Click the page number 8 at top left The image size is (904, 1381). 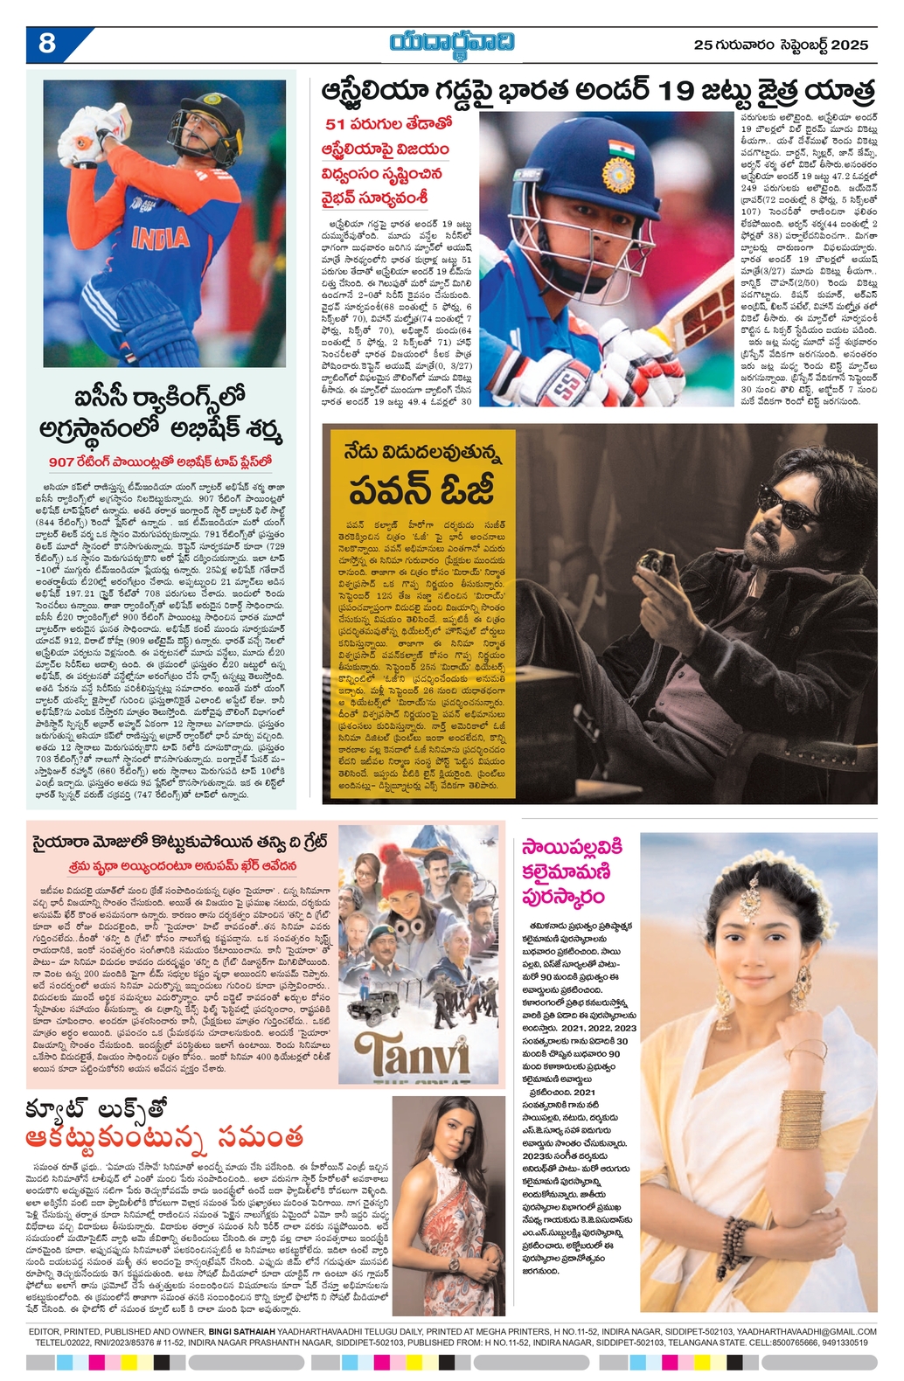47,42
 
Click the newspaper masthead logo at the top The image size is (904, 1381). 452,42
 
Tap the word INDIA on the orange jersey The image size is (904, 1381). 161,237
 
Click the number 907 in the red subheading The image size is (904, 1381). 62,461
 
